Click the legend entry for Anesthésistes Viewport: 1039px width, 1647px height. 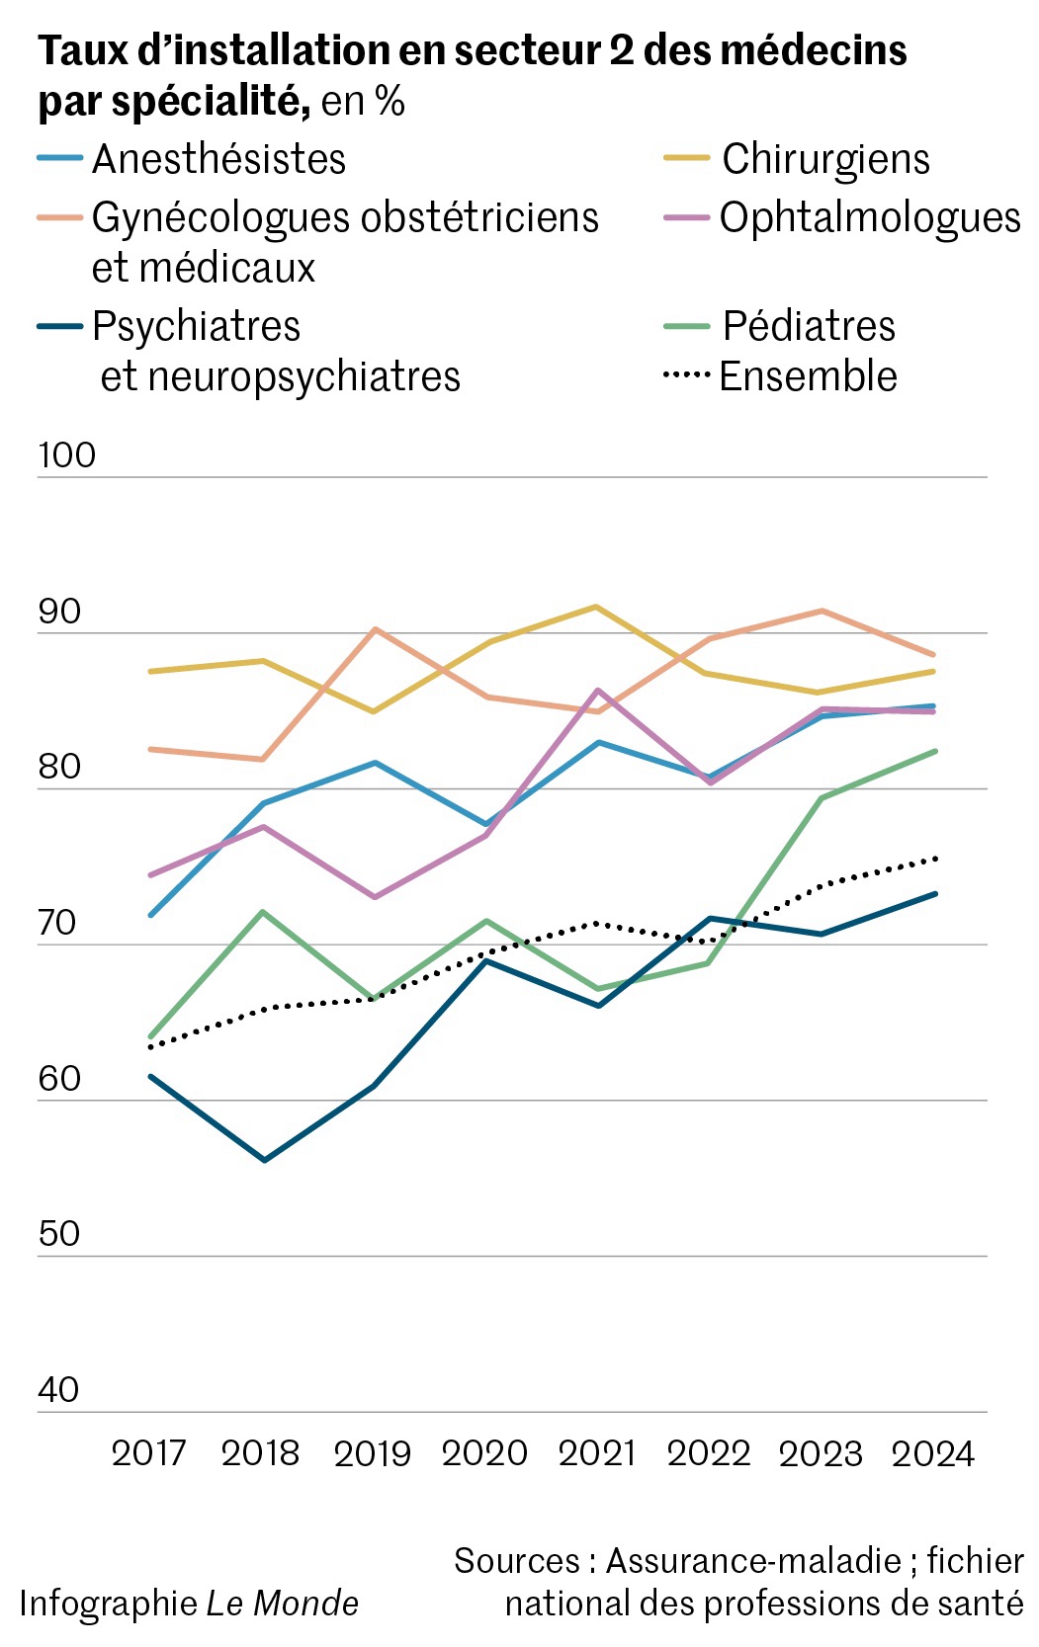tap(218, 159)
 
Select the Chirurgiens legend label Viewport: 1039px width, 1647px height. tap(825, 159)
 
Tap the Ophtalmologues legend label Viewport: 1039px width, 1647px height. tap(870, 218)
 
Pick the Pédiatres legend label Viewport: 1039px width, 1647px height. tap(809, 326)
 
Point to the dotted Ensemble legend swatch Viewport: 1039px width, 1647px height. tap(686, 375)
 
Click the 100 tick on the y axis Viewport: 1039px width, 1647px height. tap(66, 455)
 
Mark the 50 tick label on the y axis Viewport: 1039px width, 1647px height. tap(58, 1234)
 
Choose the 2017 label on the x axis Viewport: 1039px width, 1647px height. tap(149, 1453)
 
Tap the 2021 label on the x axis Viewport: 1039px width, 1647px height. tap(597, 1453)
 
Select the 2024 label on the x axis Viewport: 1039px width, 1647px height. tap(933, 1453)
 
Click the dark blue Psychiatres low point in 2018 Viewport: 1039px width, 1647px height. tap(264, 1159)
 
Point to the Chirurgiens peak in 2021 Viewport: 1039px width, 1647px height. tap(596, 607)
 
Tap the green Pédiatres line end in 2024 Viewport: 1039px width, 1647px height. tap(934, 751)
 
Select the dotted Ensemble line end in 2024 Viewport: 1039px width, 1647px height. tap(934, 859)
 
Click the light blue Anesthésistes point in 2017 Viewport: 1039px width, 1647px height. tap(150, 915)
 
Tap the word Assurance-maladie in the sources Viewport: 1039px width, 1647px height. tap(753, 1561)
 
